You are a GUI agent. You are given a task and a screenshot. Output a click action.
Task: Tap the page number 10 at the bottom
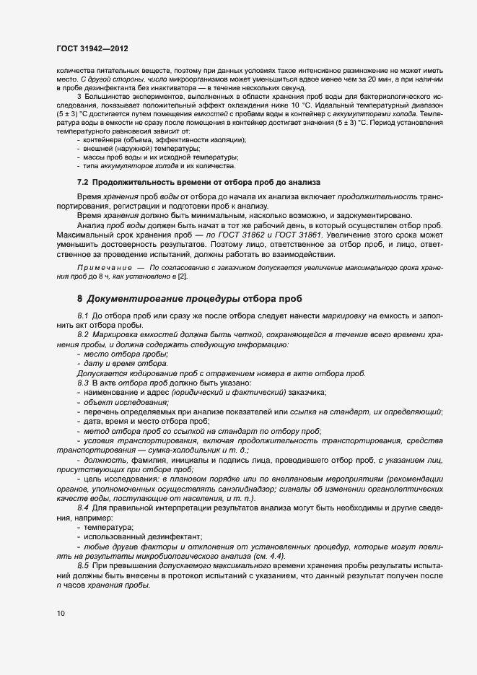click(60, 614)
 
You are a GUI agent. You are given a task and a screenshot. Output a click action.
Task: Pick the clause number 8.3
click(82, 382)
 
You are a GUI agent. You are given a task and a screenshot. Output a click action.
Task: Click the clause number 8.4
click(82, 510)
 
